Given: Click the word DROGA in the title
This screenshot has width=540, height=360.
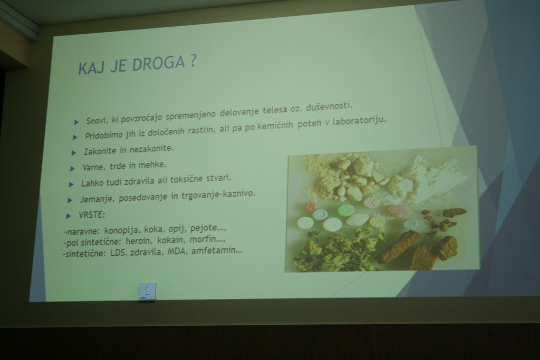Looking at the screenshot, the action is tap(159, 64).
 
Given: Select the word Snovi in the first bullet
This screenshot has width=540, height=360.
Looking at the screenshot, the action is tap(97, 121).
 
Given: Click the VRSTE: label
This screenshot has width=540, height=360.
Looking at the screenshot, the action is tap(92, 215).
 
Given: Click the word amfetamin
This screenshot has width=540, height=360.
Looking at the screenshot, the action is tap(217, 250).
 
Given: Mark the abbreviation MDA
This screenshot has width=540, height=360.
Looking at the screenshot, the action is tap(176, 251).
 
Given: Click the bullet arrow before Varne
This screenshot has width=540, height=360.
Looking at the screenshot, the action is tap(72, 168).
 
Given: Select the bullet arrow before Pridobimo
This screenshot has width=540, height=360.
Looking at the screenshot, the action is tap(75, 137).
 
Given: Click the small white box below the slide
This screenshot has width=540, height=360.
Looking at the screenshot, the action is tap(148, 291).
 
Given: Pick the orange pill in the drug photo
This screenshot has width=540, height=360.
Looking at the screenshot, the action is tap(310, 207).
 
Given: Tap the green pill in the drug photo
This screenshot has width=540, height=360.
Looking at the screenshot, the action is tap(346, 210).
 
